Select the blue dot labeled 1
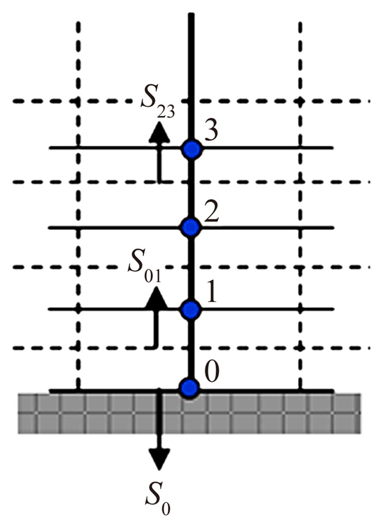(190, 310)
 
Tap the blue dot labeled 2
(190, 227)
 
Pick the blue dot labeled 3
(190, 149)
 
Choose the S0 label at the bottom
(158, 496)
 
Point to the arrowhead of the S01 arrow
(157, 296)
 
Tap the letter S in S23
(148, 99)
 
